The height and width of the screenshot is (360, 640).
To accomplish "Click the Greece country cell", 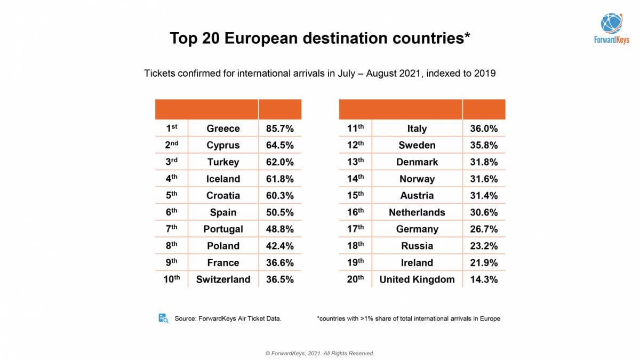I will point(223,129).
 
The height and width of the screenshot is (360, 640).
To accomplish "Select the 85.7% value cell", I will point(279,129).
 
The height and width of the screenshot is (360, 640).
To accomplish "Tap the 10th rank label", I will point(171,279).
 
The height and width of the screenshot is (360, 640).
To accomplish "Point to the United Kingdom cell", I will point(417,279).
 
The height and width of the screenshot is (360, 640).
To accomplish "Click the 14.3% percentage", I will point(484,279).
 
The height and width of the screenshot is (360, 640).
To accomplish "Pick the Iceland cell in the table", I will point(223,179).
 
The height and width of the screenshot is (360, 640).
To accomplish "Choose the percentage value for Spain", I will point(279,212).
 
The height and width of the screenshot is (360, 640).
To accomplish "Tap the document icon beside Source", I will point(163,318).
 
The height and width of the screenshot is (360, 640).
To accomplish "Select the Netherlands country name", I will point(417,212).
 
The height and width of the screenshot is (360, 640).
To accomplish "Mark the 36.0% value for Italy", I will point(484,129).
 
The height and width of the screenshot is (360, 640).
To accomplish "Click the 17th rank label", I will point(355,229).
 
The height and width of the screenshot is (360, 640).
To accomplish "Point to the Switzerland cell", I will point(223,279).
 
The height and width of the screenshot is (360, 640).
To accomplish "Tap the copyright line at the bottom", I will point(319,353).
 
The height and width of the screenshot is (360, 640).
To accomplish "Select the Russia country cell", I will point(417,246).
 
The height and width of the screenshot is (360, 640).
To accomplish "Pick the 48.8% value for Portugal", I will point(279,229).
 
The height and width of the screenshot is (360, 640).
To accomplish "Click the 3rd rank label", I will point(171,162).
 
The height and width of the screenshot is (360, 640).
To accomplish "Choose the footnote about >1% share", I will point(409,319).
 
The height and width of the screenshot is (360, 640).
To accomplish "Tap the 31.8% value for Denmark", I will point(484,162).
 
